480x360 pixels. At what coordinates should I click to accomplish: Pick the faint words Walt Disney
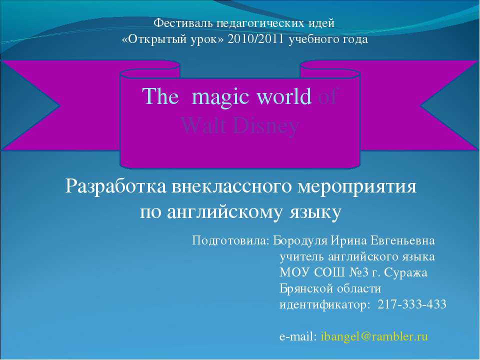(240, 125)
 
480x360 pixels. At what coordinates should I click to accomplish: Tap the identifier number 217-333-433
(412, 305)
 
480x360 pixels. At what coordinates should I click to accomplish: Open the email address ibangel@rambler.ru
(374, 337)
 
